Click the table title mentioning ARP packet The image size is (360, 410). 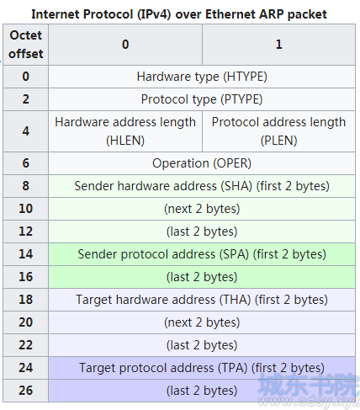point(179,14)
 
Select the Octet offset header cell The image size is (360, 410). point(25,45)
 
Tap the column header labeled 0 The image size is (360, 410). point(125,45)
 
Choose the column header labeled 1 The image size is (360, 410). point(278,45)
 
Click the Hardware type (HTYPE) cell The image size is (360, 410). point(202,77)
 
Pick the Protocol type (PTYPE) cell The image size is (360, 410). point(202,99)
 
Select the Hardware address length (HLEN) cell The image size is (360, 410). point(125,131)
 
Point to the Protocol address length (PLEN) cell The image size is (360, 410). point(278,131)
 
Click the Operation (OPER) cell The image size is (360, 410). point(202,163)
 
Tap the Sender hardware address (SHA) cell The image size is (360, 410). point(202,186)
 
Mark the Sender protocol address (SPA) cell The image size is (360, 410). point(202,254)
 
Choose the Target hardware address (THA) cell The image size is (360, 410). point(202,300)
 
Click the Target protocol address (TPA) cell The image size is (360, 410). point(202,368)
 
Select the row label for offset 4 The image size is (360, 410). point(25,131)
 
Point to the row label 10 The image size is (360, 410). point(25,209)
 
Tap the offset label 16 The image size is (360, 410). point(25,277)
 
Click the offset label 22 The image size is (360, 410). point(25,345)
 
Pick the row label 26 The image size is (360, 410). point(25,391)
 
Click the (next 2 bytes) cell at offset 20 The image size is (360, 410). point(202,322)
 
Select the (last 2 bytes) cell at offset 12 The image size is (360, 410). point(202,232)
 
